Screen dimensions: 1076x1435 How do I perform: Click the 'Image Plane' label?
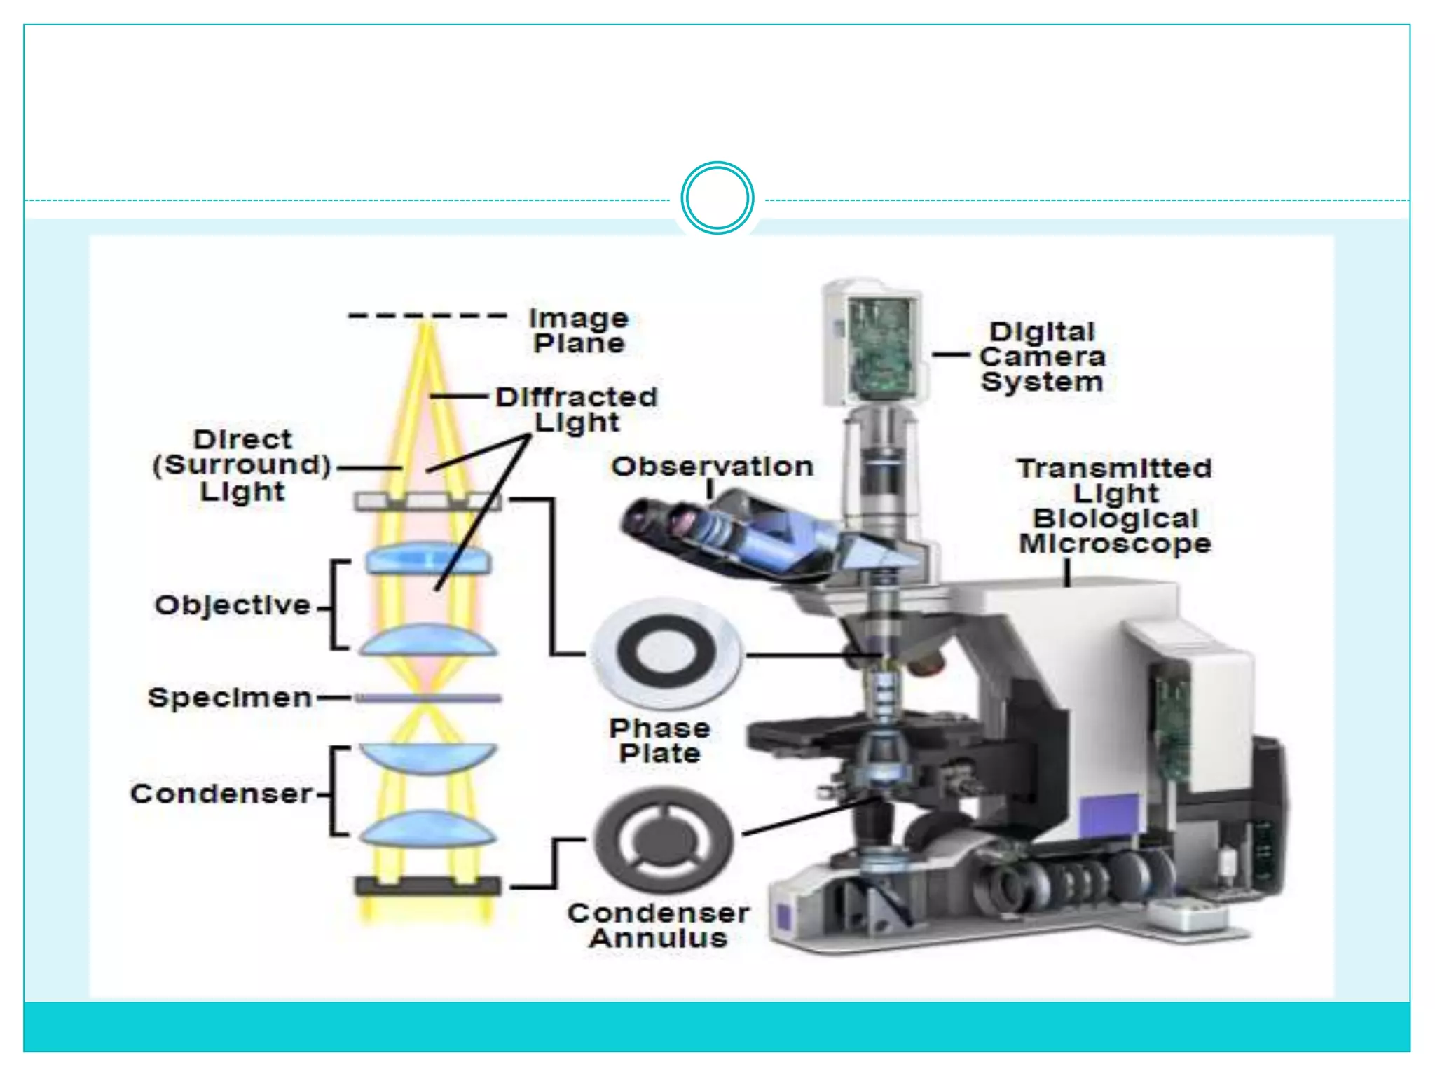tap(579, 331)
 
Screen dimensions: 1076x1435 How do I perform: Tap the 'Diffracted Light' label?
tap(577, 410)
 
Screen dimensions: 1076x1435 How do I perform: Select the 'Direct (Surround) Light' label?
tap(242, 465)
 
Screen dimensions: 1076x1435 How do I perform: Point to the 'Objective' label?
tap(233, 605)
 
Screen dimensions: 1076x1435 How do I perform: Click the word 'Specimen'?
tap(230, 698)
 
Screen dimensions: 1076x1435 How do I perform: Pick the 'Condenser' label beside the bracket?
tap(221, 794)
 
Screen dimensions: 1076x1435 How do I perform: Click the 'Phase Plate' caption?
tap(659, 741)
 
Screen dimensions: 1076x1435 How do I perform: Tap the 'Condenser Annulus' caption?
tap(659, 925)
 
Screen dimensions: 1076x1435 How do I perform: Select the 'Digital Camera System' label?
tap(1042, 357)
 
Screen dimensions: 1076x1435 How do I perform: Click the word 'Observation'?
tap(712, 467)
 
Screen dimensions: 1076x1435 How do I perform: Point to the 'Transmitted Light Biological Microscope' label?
tap(1115, 506)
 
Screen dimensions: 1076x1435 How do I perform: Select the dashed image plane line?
tap(427, 316)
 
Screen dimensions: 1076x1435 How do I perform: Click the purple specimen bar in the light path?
tap(428, 698)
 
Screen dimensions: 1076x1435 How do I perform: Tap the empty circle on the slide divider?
tap(717, 198)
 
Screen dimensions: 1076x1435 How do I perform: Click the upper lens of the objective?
tap(428, 559)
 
